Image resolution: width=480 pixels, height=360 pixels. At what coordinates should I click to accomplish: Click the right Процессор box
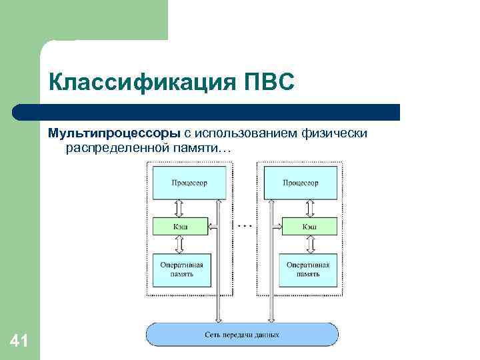coord(301,183)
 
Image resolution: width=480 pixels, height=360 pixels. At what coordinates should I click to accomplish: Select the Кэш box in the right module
coord(309,227)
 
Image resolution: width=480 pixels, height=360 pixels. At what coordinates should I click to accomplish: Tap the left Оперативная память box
coord(181,269)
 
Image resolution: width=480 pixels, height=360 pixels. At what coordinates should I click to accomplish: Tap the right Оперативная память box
coord(307,269)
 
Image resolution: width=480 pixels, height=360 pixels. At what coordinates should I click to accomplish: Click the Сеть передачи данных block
coord(242,333)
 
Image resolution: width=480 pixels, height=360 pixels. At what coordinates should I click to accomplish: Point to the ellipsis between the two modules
coord(245,226)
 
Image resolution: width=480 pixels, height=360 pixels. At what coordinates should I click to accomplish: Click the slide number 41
coord(19,342)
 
